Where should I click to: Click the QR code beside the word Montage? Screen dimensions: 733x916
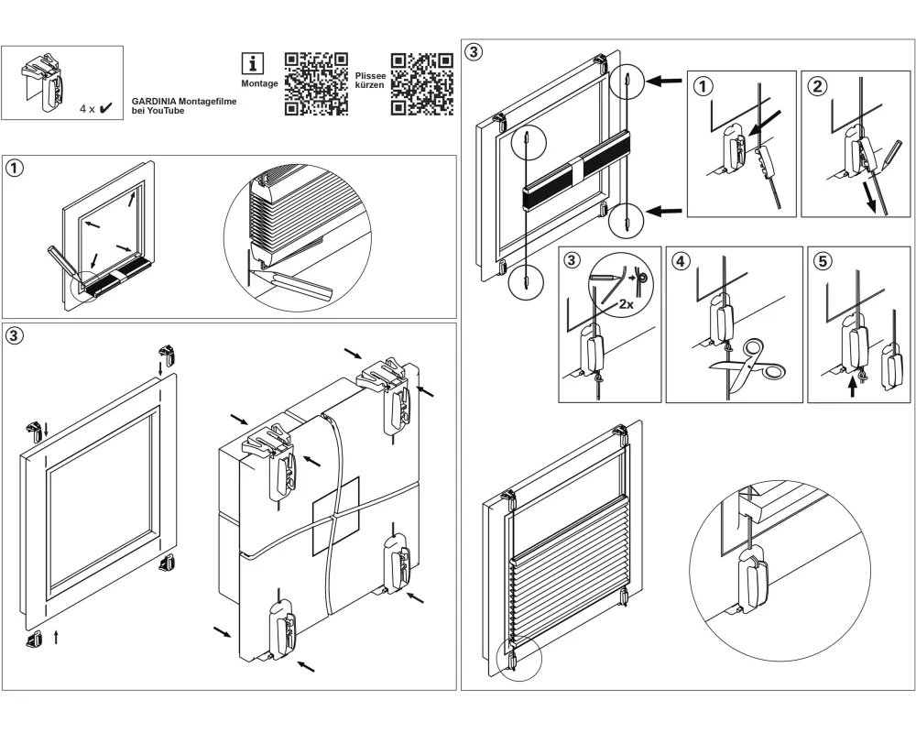[316, 84]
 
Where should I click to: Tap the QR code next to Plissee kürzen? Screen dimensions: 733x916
[422, 84]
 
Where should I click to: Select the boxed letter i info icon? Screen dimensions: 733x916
[253, 63]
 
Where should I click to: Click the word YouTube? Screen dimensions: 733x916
[165, 111]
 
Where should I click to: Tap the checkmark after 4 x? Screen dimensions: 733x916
[106, 108]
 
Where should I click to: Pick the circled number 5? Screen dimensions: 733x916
[823, 261]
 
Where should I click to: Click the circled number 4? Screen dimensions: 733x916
[680, 261]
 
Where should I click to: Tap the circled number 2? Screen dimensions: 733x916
[817, 87]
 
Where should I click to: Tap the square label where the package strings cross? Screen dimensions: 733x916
[335, 516]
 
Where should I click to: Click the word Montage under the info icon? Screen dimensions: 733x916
[259, 83]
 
